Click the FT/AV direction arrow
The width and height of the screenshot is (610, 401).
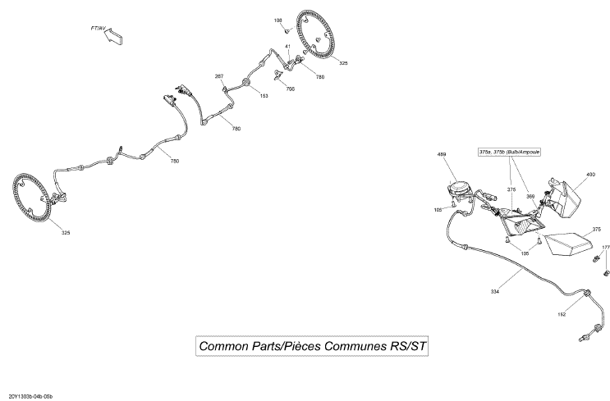pyautogui.click(x=112, y=36)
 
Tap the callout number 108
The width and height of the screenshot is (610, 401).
pyautogui.click(x=277, y=21)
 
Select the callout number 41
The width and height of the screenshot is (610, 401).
pyautogui.click(x=288, y=46)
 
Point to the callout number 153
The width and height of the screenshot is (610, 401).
pyautogui.click(x=264, y=96)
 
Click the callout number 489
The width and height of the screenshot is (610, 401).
pyautogui.click(x=442, y=154)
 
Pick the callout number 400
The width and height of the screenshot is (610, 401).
pyautogui.click(x=590, y=175)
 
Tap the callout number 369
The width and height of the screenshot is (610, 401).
pyautogui.click(x=530, y=197)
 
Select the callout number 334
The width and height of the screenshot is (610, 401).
pyautogui.click(x=495, y=291)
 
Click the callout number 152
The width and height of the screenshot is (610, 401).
pyautogui.click(x=562, y=314)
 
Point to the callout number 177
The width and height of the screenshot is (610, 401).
pyautogui.click(x=606, y=247)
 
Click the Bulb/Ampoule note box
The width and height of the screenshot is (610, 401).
pyautogui.click(x=509, y=152)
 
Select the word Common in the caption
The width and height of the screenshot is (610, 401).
pyautogui.click(x=223, y=346)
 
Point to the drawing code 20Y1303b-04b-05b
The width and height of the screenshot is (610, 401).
pyautogui.click(x=30, y=396)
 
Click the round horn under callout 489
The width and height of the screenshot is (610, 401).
pyautogui.click(x=459, y=189)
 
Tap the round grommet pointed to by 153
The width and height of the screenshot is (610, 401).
pyautogui.click(x=245, y=82)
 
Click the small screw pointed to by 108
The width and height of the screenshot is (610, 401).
pyautogui.click(x=286, y=30)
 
